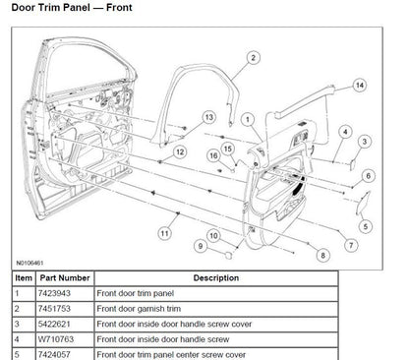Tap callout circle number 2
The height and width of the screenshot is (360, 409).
[253, 58]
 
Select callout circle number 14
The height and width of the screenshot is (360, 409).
[360, 86]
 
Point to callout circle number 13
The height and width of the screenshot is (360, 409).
[209, 117]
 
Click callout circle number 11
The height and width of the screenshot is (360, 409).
[164, 232]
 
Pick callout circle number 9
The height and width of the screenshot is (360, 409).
[201, 246]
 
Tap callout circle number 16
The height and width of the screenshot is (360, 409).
[212, 154]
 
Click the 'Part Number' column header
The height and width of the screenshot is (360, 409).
[67, 278]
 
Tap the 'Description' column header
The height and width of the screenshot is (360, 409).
[215, 278]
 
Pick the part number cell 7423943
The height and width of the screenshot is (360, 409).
[57, 294]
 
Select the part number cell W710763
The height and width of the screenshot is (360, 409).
[57, 337]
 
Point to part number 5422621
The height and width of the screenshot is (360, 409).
[57, 323]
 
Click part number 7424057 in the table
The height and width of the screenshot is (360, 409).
[57, 352]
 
